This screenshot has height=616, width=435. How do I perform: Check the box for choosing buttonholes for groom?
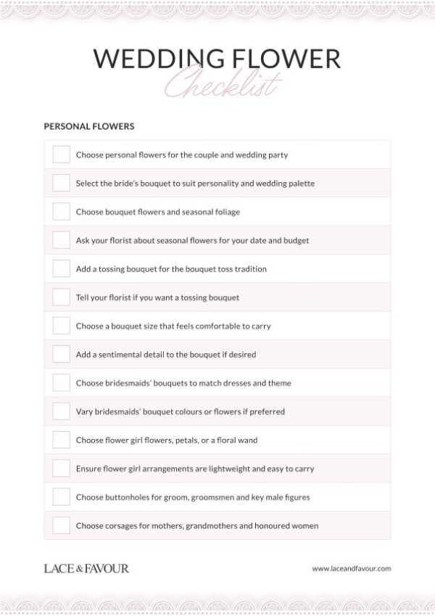[x=61, y=497]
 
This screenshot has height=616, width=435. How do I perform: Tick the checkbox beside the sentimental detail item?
[x=61, y=355]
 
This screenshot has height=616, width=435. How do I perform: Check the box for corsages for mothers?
[x=61, y=525]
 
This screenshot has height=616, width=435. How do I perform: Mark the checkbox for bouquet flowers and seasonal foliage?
[x=61, y=212]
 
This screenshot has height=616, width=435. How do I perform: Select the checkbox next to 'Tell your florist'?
[x=61, y=297]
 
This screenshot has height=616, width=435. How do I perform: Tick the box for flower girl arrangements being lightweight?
[x=61, y=469]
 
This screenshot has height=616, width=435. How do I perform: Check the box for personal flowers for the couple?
[x=61, y=155]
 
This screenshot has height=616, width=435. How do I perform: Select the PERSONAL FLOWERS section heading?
[x=88, y=126]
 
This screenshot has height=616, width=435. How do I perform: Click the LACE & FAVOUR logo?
[x=86, y=568]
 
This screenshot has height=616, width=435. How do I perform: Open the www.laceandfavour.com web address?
[x=351, y=569]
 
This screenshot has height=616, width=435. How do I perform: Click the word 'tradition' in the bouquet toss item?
[x=249, y=269]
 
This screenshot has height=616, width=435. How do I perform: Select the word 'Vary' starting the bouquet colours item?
[x=84, y=411]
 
